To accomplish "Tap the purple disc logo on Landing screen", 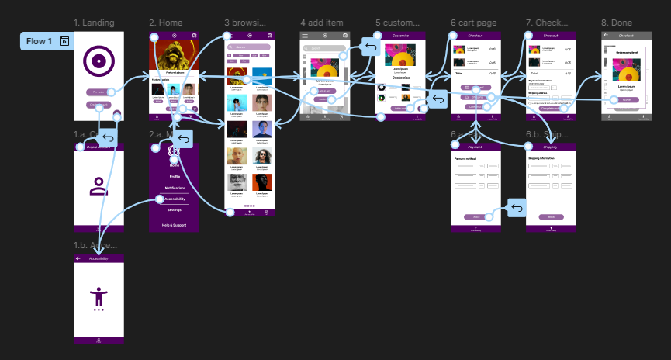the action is tap(99, 61).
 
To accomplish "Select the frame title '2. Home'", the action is tap(165, 22).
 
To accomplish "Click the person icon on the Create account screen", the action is tap(99, 186).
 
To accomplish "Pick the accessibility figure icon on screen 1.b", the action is tap(99, 296).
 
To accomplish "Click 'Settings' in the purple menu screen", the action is tap(174, 210).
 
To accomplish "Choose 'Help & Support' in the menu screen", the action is tap(174, 225).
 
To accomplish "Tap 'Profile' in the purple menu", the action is tap(174, 176).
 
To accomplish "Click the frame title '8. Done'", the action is tap(617, 22).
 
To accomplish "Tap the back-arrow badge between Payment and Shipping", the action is tap(517, 208).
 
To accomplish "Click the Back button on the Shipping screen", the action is tap(551, 216).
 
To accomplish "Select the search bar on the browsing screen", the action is tap(249, 47).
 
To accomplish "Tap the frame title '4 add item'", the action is tap(321, 22).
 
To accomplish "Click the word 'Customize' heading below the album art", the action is tap(400, 78).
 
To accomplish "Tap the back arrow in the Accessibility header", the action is tap(78, 258).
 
